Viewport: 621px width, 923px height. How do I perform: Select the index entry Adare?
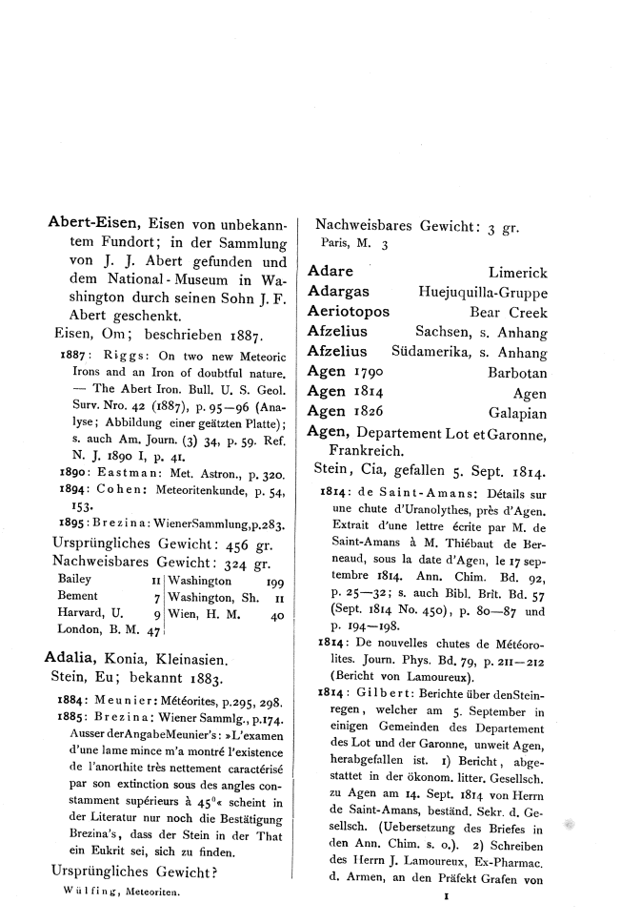[331, 272]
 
